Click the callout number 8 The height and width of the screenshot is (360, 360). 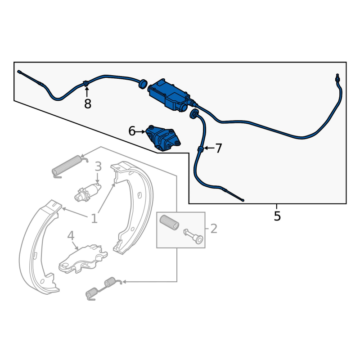click(87, 104)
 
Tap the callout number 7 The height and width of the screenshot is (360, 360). click(218, 148)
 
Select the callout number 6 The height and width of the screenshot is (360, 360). click(132, 131)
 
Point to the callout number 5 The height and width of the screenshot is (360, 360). click(277, 216)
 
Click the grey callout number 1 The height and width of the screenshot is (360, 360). click(94, 219)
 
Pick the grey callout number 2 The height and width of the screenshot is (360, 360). click(214, 229)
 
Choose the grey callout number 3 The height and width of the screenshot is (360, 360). click(98, 167)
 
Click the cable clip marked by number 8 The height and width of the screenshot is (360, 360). click(86, 83)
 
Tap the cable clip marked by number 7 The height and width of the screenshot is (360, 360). click(200, 149)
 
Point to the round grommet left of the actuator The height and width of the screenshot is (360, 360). click(143, 83)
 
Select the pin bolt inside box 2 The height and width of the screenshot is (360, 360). click(193, 236)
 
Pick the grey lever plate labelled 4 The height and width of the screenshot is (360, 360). click(83, 259)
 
